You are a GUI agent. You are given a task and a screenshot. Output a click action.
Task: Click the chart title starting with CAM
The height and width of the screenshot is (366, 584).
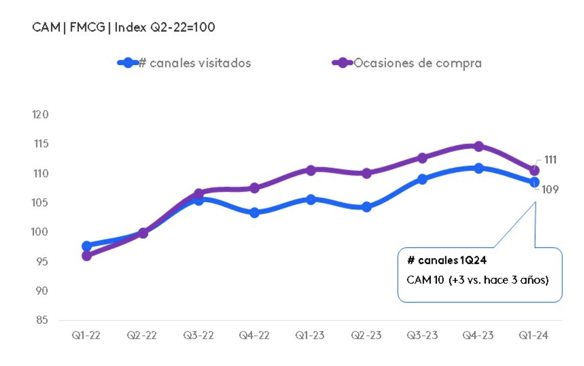[124, 27]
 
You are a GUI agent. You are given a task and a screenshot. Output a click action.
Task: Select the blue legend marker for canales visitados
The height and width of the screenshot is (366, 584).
[128, 63]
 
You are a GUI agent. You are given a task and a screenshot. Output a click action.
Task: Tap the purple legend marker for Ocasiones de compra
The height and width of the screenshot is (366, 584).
[342, 63]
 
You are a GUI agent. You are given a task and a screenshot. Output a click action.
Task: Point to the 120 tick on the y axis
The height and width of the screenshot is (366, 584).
[40, 114]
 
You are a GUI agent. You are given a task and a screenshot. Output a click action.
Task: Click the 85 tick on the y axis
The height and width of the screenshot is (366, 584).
[42, 320]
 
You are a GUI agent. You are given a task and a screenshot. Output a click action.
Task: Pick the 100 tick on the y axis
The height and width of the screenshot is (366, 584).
[40, 232]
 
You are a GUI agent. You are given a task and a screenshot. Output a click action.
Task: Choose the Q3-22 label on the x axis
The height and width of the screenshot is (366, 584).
[198, 335]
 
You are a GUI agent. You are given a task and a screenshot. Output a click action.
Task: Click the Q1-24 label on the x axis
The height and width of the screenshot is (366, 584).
[534, 335]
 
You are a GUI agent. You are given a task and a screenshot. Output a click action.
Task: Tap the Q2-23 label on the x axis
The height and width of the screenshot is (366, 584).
[366, 335]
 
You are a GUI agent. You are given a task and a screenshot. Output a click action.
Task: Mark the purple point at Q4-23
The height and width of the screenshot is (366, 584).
[478, 146]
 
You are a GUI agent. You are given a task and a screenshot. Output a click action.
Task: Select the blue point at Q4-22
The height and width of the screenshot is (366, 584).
[254, 212]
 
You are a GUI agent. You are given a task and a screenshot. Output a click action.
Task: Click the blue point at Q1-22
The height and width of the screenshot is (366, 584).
[87, 246]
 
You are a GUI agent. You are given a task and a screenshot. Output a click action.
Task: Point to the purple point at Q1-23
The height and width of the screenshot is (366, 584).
[311, 170]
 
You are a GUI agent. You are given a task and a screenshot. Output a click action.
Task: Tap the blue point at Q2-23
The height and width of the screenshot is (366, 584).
[366, 207]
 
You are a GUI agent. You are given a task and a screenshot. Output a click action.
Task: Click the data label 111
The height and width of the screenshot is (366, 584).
[550, 160]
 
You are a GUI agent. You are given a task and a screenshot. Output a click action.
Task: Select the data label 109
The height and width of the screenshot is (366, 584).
[550, 190]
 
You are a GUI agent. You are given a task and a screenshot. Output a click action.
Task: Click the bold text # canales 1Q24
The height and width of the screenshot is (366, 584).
[447, 260]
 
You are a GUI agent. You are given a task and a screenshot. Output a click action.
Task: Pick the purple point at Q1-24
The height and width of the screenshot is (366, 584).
[534, 170]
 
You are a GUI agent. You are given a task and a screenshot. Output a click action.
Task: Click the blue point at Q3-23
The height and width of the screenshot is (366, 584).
[422, 179]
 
